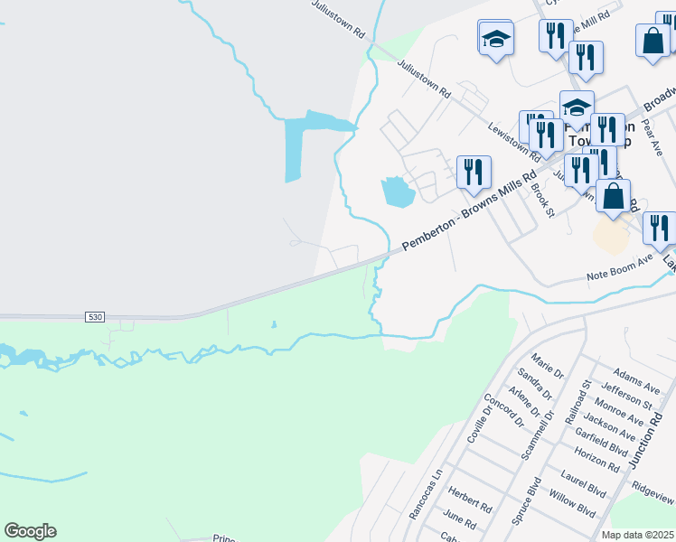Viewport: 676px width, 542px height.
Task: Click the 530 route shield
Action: (x=96, y=317)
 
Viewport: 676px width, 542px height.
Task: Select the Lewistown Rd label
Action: (x=512, y=141)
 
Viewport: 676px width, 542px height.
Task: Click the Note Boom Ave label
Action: (x=619, y=258)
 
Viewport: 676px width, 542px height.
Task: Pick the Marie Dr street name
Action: (x=549, y=369)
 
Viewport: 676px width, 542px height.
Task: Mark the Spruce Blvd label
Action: (x=525, y=501)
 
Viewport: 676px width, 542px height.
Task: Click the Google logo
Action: (x=30, y=531)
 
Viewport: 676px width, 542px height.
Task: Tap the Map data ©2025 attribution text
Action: (x=638, y=535)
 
